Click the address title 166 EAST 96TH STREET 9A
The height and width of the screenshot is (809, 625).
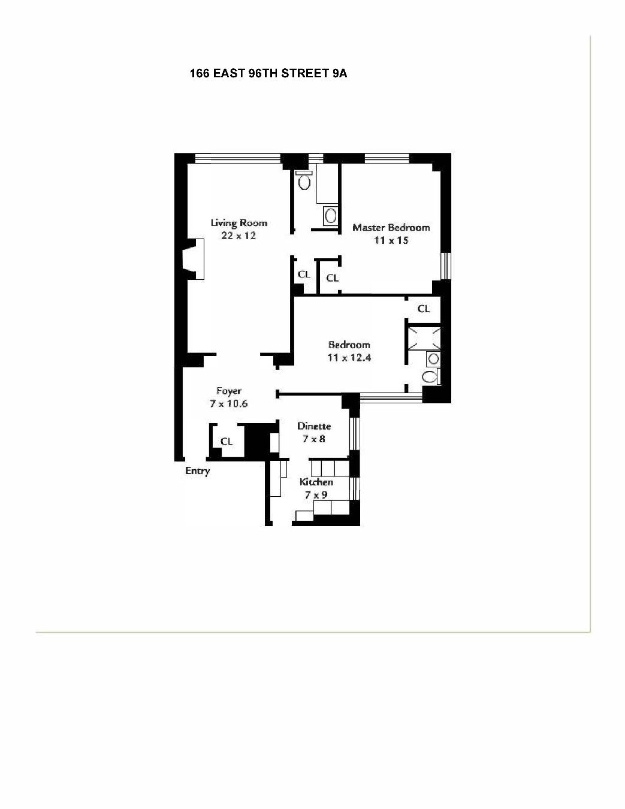[268, 74]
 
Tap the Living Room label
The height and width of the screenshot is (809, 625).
[238, 223]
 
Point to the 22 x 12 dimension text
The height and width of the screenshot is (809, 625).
[238, 236]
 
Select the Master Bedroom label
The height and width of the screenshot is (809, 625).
[391, 228]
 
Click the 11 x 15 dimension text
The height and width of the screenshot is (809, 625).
[391, 241]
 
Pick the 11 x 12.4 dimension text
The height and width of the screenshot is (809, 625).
[349, 358]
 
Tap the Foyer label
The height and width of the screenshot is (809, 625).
[229, 391]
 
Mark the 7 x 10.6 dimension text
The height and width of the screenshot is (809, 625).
[229, 404]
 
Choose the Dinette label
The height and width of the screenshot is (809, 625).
[315, 426]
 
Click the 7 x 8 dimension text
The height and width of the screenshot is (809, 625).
[315, 439]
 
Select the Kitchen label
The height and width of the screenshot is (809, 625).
[316, 482]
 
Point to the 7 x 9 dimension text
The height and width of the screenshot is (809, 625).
[316, 495]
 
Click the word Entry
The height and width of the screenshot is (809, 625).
[197, 471]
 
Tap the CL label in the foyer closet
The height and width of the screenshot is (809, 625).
[226, 442]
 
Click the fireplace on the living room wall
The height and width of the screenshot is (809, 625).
[191, 259]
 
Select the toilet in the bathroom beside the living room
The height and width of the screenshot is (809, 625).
[304, 180]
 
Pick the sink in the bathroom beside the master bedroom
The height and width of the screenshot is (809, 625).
[330, 215]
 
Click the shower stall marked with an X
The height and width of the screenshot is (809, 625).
[424, 339]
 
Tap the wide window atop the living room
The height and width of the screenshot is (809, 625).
[238, 158]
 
